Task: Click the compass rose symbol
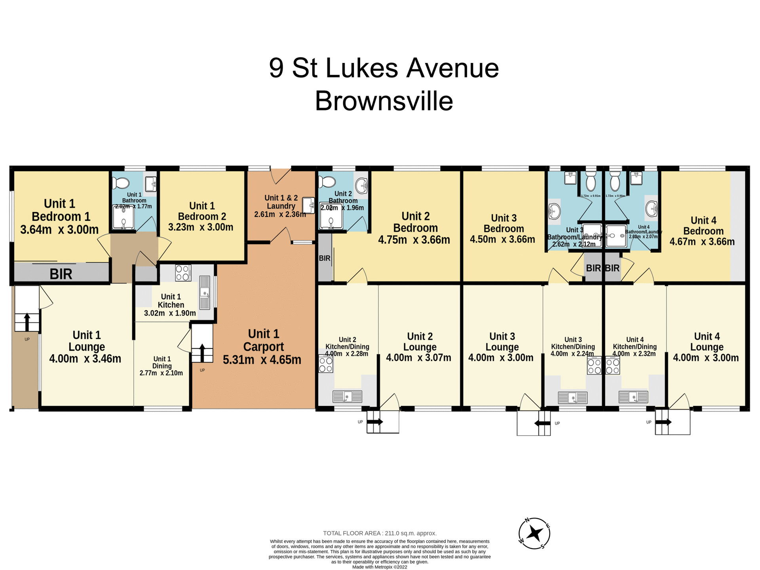(x=534, y=533)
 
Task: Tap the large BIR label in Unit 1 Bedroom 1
(x=61, y=274)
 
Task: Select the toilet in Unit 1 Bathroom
(x=121, y=183)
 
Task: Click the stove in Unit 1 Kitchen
(x=183, y=273)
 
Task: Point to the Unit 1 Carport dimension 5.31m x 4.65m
(x=262, y=360)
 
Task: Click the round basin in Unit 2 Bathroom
(x=361, y=185)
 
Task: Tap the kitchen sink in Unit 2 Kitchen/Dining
(x=347, y=396)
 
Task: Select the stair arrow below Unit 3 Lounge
(x=542, y=423)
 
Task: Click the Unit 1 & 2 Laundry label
(x=281, y=202)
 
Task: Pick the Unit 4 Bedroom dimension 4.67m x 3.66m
(x=702, y=241)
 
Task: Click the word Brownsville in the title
(x=384, y=101)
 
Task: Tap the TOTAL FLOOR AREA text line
(x=380, y=533)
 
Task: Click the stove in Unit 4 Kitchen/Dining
(x=612, y=365)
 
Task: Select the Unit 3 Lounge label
(x=502, y=342)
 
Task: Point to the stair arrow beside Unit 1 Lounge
(x=27, y=322)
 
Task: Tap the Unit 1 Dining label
(x=162, y=362)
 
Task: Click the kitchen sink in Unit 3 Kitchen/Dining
(x=572, y=397)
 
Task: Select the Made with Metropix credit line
(x=380, y=567)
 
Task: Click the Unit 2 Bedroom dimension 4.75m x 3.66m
(x=414, y=240)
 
